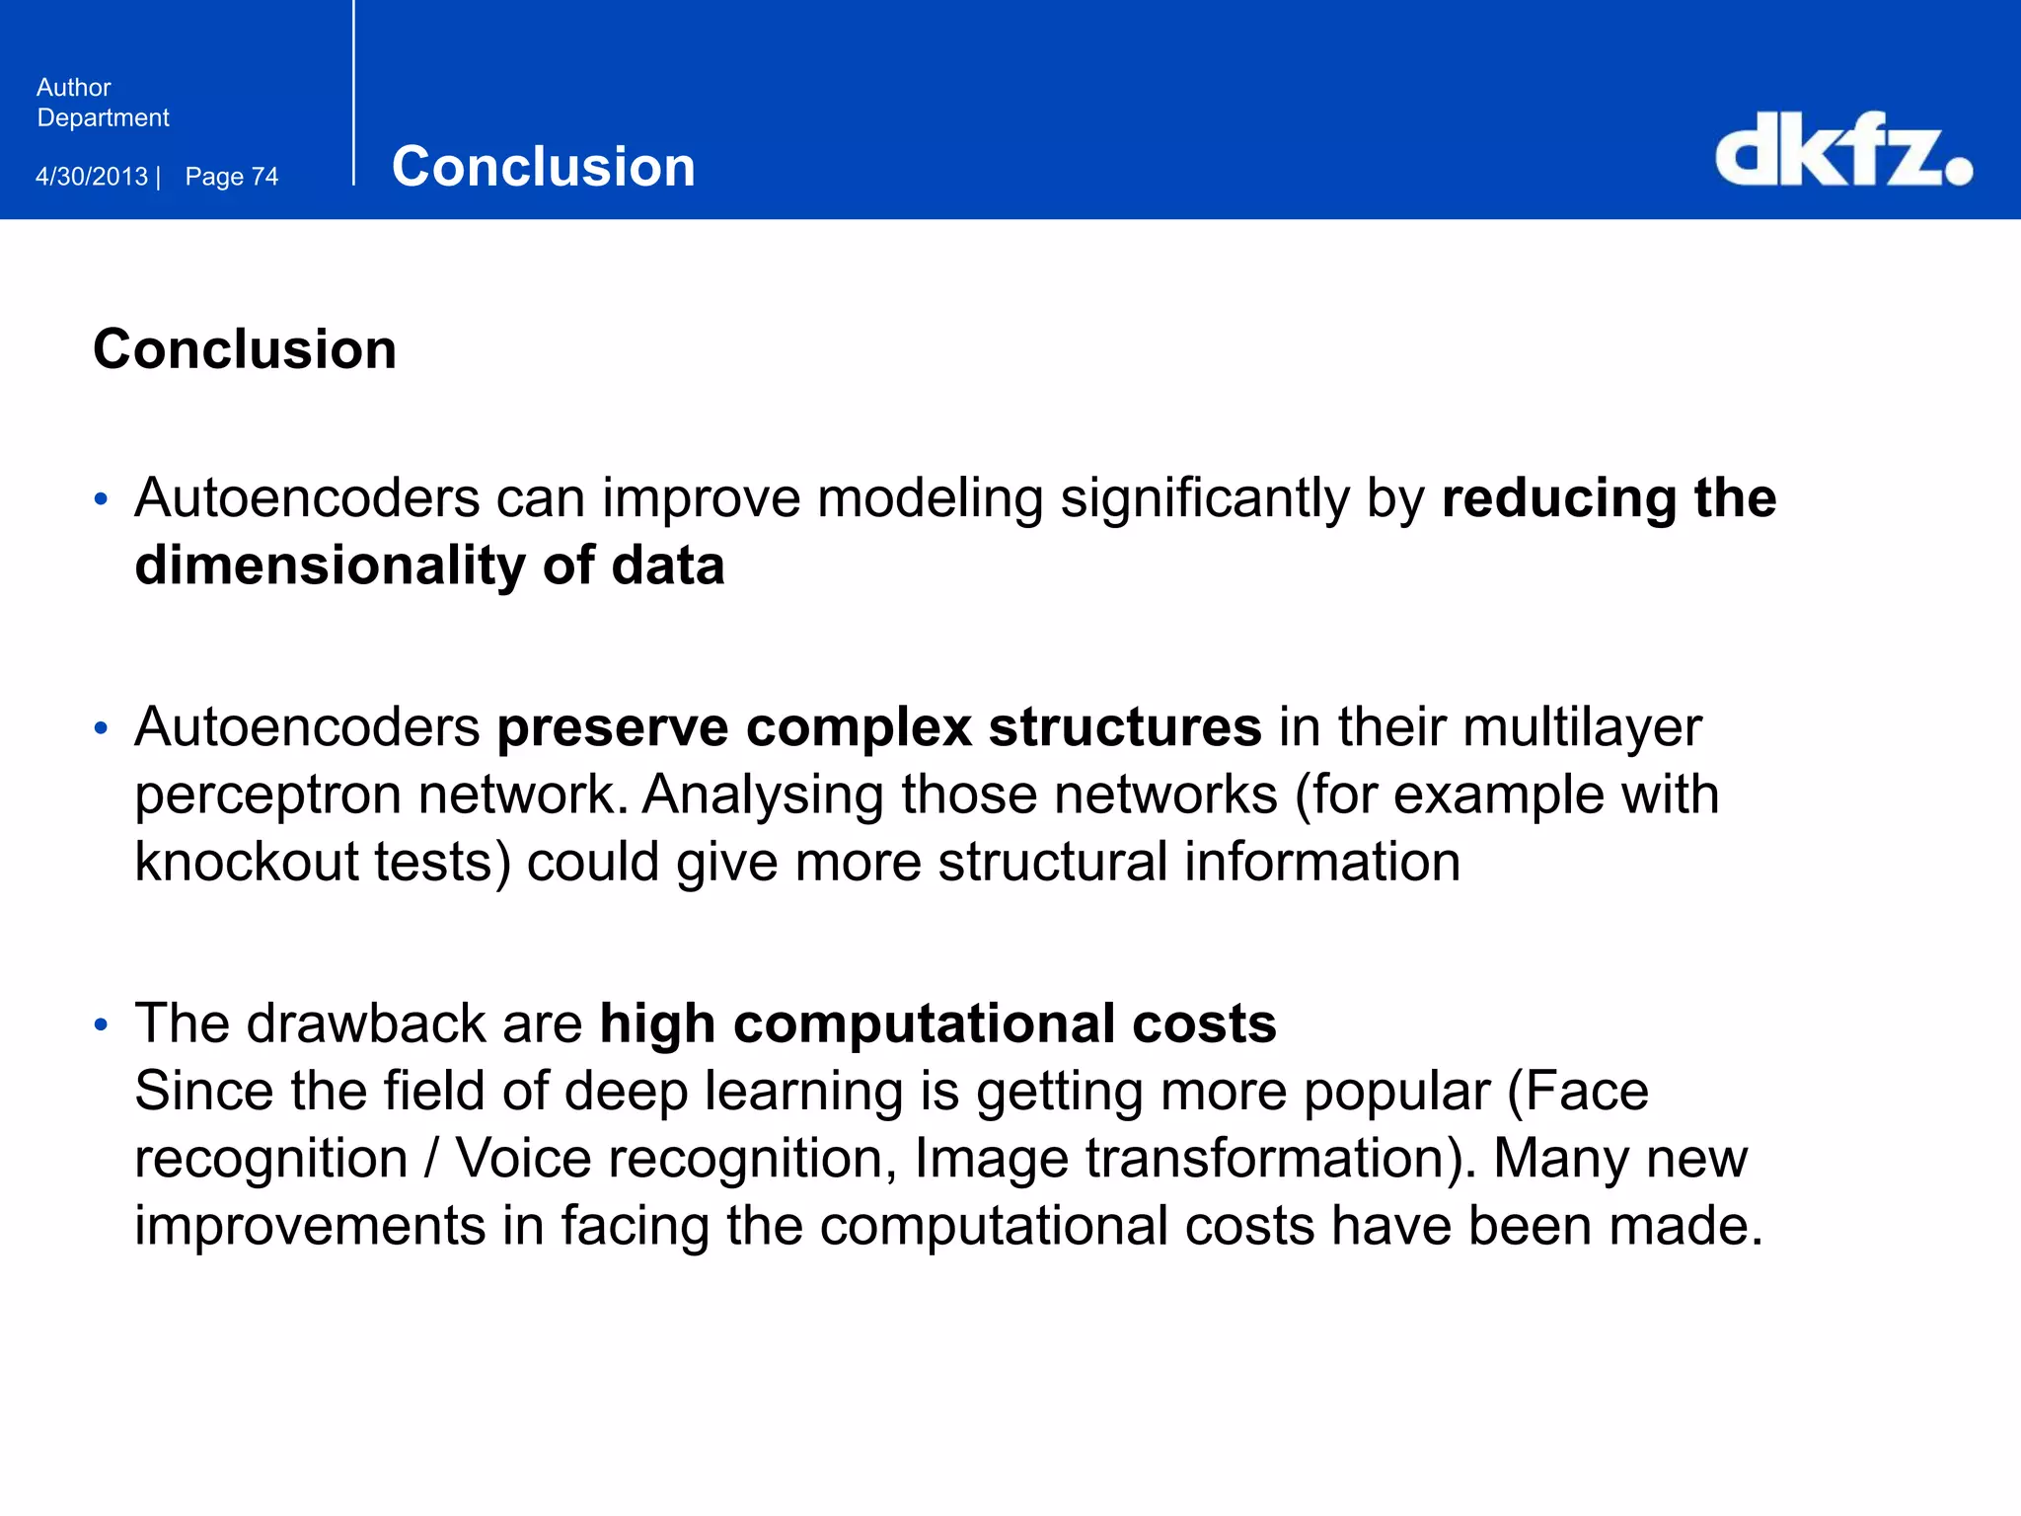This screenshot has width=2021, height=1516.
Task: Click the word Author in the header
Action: (x=74, y=88)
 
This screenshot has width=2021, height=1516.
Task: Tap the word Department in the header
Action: (x=103, y=118)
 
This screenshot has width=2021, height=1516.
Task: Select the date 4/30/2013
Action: (x=92, y=177)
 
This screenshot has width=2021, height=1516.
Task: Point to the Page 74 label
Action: (x=232, y=177)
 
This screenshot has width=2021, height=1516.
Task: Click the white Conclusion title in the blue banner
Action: (x=543, y=166)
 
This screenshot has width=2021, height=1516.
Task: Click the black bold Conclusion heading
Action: (x=245, y=349)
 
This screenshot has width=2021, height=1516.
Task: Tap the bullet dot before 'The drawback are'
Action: (x=101, y=1024)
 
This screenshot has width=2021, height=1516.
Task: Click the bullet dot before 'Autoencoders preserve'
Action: (x=101, y=728)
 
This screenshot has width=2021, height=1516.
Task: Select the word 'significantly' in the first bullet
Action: (x=1205, y=498)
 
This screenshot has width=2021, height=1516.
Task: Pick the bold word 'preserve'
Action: (x=613, y=728)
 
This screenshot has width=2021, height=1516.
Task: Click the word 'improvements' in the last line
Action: (x=310, y=1226)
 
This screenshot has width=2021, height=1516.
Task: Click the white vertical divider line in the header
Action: (x=353, y=94)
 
